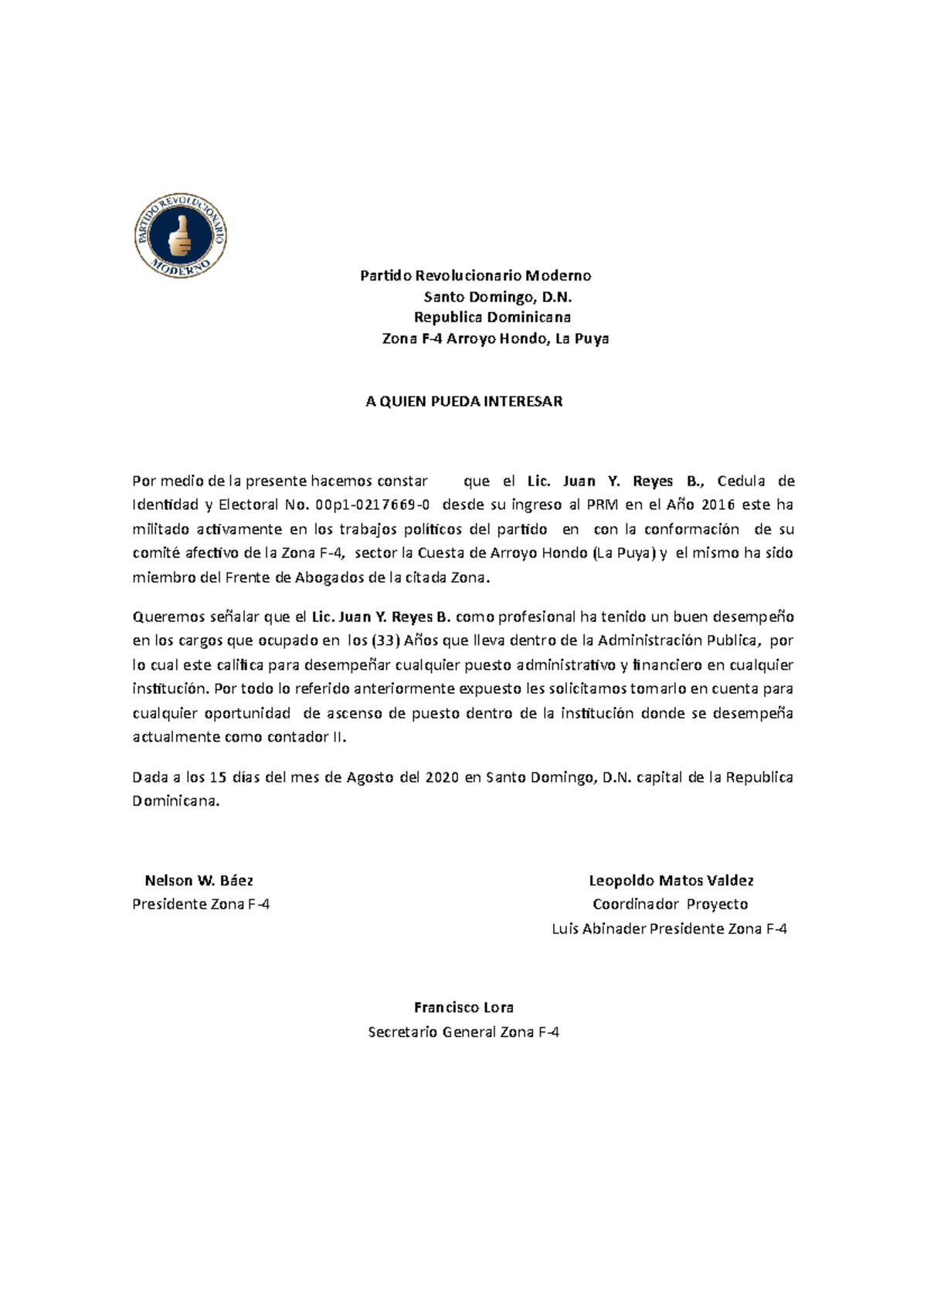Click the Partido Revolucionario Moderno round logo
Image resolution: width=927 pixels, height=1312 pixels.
[180, 236]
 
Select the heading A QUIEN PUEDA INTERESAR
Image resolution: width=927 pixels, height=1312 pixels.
[463, 401]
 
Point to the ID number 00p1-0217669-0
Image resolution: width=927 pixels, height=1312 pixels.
[374, 505]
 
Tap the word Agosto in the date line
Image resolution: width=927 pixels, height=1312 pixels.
[371, 777]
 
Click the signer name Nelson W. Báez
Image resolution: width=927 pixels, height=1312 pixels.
[199, 880]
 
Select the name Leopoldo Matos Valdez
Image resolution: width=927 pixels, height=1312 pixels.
[671, 880]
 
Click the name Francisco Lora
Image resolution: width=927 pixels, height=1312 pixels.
[463, 1008]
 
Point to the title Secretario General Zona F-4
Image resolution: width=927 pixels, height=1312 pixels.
[463, 1032]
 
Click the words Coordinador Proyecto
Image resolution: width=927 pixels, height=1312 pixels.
[670, 904]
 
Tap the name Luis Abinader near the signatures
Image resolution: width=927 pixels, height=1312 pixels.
[598, 929]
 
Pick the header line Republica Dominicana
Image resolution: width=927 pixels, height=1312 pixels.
[492, 318]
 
